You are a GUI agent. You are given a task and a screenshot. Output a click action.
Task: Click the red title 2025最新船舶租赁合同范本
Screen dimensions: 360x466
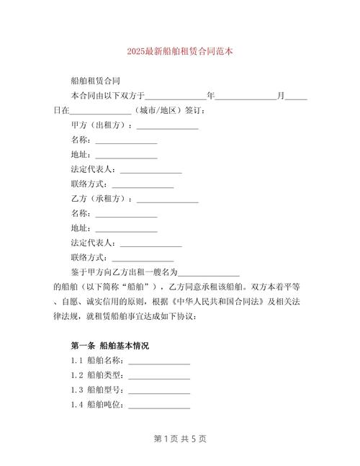tap(179, 53)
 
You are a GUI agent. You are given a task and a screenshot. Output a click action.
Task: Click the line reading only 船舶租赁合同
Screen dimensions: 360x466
tap(95, 81)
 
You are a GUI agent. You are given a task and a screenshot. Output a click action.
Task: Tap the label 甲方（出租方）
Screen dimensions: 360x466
tap(102, 125)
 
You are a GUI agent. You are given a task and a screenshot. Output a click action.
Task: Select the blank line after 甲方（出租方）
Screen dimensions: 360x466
tap(167, 126)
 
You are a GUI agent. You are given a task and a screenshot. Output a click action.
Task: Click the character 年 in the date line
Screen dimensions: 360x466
tap(210, 96)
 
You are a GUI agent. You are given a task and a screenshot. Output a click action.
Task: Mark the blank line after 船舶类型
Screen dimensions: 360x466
tap(159, 376)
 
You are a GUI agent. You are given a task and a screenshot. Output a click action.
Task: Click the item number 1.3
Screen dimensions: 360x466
tap(77, 390)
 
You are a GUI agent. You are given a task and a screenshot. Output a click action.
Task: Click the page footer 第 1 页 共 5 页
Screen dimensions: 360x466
tap(179, 439)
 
